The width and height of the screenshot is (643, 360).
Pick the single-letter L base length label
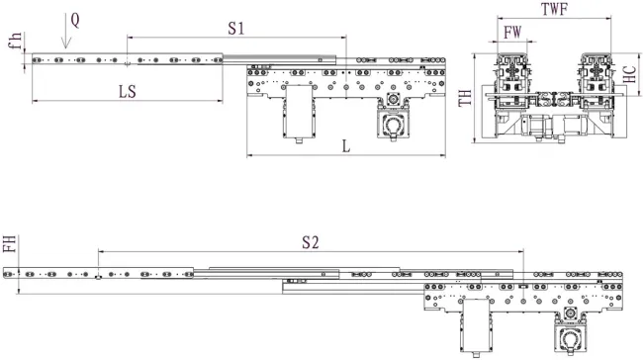345,145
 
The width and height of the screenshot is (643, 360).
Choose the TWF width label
555,8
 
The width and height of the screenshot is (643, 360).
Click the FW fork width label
512,33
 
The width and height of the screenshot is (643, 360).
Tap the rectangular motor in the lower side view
479,321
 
